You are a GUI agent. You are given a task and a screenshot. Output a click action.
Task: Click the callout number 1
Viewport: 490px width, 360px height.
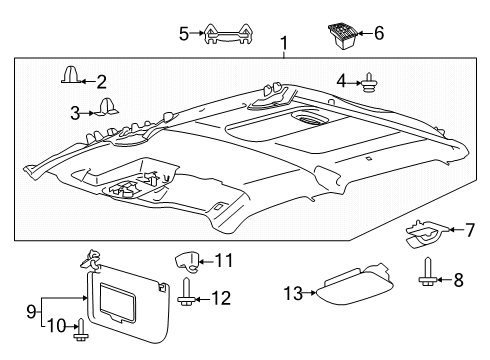[284, 43]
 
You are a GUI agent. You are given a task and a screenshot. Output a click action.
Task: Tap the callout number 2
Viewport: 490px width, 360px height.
[101, 81]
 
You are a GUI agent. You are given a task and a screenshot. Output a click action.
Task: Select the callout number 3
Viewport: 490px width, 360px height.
[75, 113]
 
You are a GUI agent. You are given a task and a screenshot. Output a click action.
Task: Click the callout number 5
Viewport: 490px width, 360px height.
[183, 33]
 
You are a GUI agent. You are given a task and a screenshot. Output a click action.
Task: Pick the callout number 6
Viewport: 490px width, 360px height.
[378, 33]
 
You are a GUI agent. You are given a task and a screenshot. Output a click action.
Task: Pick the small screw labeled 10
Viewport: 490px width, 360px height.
[82, 327]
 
